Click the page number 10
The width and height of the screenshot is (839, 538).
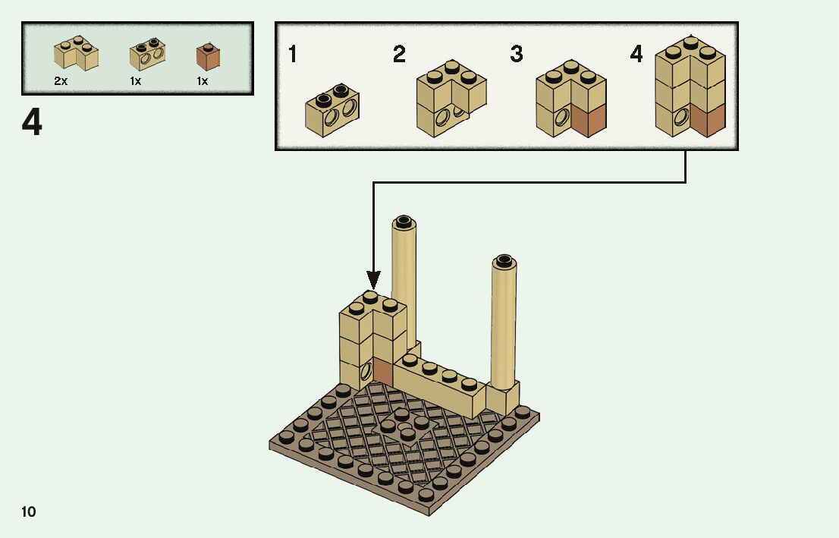point(29,511)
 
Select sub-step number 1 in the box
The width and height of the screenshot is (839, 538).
point(293,55)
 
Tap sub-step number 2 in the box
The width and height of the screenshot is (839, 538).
point(399,55)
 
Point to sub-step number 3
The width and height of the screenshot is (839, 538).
point(517,55)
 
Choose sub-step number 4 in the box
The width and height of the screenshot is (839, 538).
point(636,54)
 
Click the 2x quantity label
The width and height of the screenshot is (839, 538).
point(61,80)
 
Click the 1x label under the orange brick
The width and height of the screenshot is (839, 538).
point(203,80)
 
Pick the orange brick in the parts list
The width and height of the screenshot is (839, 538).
point(208,57)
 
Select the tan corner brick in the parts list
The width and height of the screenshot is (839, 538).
point(76,54)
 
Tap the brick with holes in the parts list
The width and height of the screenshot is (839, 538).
point(147,54)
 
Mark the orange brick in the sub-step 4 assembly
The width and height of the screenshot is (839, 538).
point(707,120)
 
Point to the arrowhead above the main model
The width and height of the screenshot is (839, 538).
point(373,279)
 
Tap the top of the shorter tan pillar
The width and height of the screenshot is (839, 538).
point(504,262)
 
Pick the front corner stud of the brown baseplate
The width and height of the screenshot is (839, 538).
point(426,495)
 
